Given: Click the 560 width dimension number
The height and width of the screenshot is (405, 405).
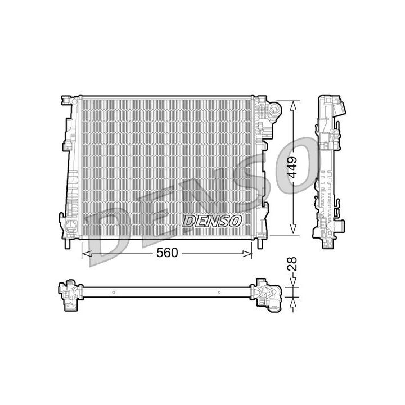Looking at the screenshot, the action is tap(167, 253).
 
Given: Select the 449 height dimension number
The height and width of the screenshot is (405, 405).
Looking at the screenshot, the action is tap(292, 168).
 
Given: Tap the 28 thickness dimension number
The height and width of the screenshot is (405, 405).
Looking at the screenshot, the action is tap(292, 264).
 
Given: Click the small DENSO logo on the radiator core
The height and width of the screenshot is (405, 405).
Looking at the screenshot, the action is tap(212, 221).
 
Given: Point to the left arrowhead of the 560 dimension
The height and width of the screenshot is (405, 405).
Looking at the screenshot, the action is tap(86, 254).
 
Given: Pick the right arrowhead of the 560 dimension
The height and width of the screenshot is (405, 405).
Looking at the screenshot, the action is tap(247, 254).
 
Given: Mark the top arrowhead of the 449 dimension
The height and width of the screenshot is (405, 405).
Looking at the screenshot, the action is tap(292, 106).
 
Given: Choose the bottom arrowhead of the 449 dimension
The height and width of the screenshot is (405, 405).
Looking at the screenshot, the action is tap(292, 229).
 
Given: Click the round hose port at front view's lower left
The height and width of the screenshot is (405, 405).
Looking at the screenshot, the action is tap(70, 227).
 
